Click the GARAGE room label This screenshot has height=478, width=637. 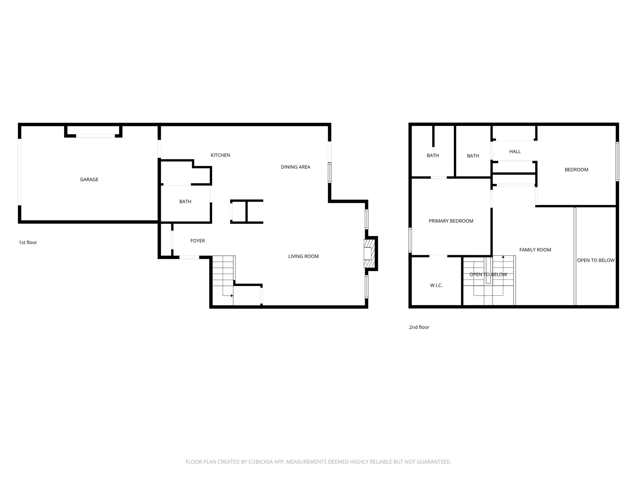click(89, 180)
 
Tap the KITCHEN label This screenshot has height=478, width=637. click(220, 155)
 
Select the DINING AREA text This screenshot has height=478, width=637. click(295, 167)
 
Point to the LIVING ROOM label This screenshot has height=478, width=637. click(303, 256)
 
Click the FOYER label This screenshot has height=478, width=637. click(198, 241)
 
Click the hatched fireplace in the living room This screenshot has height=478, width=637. click(369, 253)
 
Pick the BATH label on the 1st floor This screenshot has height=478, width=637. click(185, 202)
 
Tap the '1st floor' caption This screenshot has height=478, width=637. click(28, 242)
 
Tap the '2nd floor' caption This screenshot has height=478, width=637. click(419, 327)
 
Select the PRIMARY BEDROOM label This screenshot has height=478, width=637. click(451, 221)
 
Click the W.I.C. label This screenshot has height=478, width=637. click(436, 285)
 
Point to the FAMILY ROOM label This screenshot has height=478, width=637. click(535, 250)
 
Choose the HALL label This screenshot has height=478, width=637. click(515, 152)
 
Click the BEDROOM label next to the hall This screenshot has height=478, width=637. click(576, 170)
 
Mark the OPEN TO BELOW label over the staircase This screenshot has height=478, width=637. click(488, 274)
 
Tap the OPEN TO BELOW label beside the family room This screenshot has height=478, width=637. click(596, 260)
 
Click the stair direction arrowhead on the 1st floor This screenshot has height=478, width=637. click(232, 296)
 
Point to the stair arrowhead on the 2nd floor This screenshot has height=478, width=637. click(503, 257)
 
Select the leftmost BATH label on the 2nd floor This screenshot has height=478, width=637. click(433, 156)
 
